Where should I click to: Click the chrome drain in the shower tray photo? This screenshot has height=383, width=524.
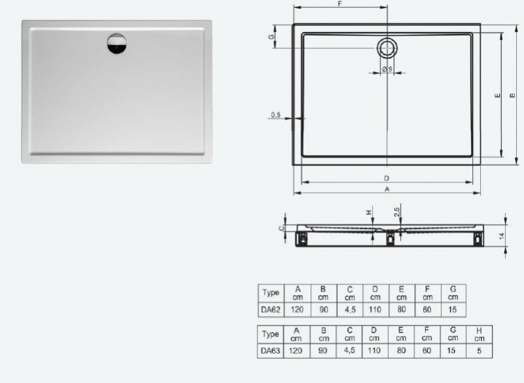pyautogui.click(x=118, y=46)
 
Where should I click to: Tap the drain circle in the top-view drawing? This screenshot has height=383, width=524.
pyautogui.click(x=386, y=47)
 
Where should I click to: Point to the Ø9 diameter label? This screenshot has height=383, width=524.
pyautogui.click(x=386, y=70)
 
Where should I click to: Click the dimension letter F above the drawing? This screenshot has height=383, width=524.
pyautogui.click(x=340, y=4)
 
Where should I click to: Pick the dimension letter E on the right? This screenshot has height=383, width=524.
pyautogui.click(x=497, y=96)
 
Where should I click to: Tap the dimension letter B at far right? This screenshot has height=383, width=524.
pyautogui.click(x=513, y=96)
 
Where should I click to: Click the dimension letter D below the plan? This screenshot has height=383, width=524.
pyautogui.click(x=387, y=178)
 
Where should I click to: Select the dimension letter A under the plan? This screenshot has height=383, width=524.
pyautogui.click(x=387, y=190)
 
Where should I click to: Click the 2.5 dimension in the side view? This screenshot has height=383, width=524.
pyautogui.click(x=397, y=211)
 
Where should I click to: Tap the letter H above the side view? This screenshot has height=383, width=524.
pyautogui.click(x=369, y=212)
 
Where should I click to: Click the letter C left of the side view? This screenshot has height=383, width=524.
pyautogui.click(x=280, y=228)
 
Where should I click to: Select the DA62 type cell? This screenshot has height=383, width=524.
pyautogui.click(x=271, y=310)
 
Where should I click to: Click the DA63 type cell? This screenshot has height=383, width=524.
pyautogui.click(x=271, y=351)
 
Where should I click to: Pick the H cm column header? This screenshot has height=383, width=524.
pyautogui.click(x=480, y=334)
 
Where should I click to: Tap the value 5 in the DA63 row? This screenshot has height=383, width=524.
pyautogui.click(x=480, y=351)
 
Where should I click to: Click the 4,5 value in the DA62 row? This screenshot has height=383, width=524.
pyautogui.click(x=349, y=310)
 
